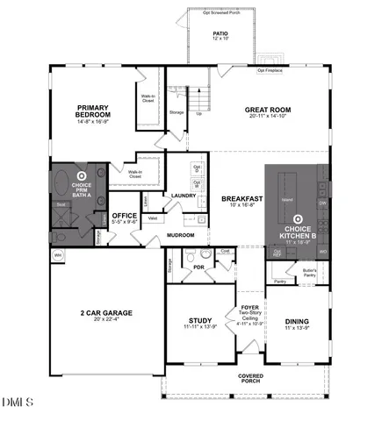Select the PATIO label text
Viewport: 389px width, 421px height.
[220, 32]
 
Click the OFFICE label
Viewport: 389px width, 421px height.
[124, 216]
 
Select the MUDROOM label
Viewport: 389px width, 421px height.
[180, 235]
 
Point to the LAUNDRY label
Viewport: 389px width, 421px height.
[183, 196]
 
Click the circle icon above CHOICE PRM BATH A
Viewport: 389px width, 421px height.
[82, 175]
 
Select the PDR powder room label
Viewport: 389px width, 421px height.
[199, 267]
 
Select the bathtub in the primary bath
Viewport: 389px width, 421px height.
[62, 185]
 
